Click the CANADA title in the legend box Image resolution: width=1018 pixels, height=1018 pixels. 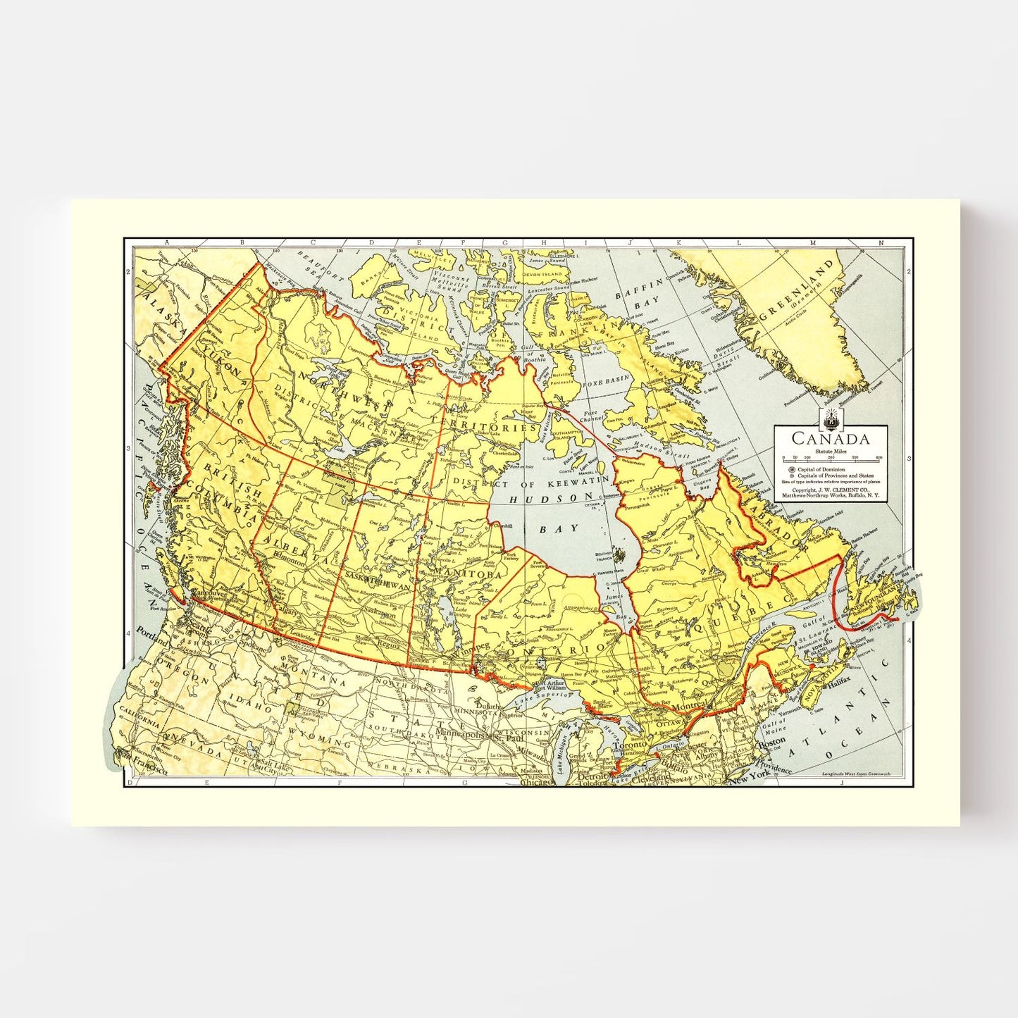click(x=830, y=438)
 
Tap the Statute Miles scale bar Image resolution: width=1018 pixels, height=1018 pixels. click(x=831, y=459)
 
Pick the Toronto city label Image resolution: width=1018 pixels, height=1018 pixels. click(x=629, y=745)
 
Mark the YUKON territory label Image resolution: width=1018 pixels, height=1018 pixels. click(x=221, y=360)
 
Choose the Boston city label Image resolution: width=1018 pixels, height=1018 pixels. click(x=771, y=742)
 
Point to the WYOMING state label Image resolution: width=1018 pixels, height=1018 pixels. click(x=321, y=743)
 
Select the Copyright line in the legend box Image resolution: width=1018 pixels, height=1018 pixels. click(x=830, y=489)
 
